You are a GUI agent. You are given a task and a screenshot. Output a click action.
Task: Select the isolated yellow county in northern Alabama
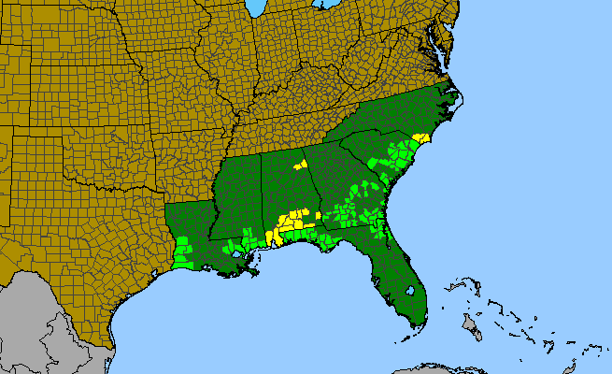coord(301,165)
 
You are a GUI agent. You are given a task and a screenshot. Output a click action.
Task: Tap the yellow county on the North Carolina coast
coord(420,137)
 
